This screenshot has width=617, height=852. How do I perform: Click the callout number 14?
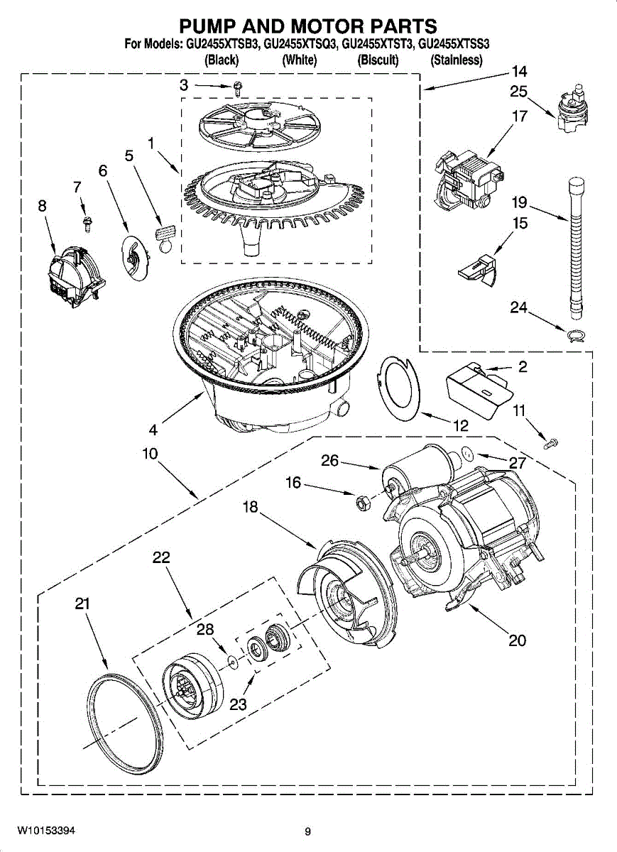(519, 72)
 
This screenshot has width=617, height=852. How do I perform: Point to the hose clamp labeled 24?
(576, 334)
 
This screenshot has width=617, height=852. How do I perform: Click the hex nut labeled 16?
(360, 503)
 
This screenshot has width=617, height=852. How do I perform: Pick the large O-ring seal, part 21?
(124, 716)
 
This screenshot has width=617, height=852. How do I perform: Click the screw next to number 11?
(551, 443)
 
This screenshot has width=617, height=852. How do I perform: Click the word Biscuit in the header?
(378, 60)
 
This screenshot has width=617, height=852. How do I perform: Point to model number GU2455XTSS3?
(454, 45)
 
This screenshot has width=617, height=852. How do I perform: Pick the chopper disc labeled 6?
(136, 258)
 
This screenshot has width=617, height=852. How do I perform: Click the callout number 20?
(518, 640)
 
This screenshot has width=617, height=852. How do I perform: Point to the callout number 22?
(161, 557)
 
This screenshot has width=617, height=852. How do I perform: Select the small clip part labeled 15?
(478, 269)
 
